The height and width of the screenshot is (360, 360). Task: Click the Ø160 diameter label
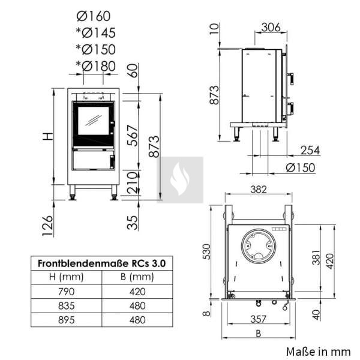(94, 16)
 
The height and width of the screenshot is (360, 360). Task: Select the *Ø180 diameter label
(96, 66)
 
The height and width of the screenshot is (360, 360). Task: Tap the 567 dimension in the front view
(133, 136)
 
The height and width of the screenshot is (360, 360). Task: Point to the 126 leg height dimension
(48, 226)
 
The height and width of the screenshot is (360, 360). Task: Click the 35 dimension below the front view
(133, 223)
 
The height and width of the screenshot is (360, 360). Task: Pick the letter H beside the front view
(49, 137)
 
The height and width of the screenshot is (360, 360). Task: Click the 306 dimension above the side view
(271, 28)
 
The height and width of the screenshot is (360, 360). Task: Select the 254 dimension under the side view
(310, 151)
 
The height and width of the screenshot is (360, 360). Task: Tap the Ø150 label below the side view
(301, 167)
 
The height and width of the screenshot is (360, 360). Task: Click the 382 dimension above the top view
(259, 190)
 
